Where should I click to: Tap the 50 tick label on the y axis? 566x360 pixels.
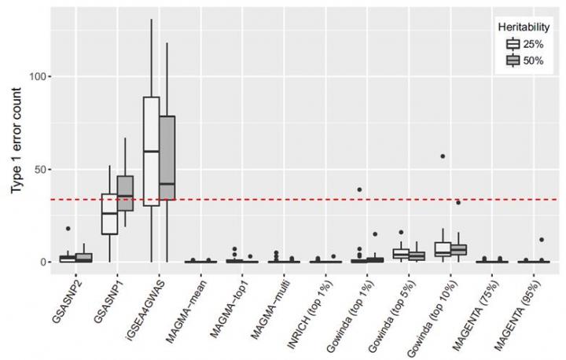[39, 170]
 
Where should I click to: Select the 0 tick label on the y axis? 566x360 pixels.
[42, 262]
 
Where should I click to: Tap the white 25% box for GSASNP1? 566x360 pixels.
[110, 214]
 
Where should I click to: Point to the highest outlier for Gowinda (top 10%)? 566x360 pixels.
[443, 156]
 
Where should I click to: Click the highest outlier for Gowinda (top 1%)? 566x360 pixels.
[359, 189]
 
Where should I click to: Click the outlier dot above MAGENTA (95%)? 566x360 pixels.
[541, 240]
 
